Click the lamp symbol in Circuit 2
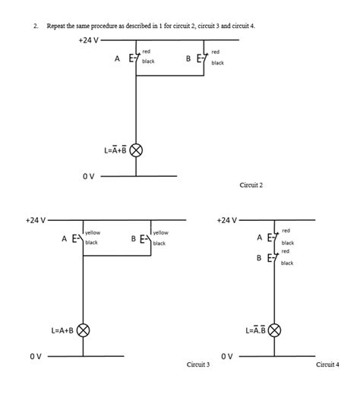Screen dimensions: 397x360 click(136, 150)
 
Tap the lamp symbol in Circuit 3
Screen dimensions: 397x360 click(83, 330)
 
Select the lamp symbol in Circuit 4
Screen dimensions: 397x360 click(275, 330)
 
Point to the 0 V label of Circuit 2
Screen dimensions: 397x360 click(88, 176)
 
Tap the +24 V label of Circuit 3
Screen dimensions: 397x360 click(35, 220)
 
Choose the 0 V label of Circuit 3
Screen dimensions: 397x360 click(35, 355)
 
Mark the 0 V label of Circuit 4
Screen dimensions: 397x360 click(226, 355)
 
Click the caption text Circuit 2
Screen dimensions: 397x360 click(251, 184)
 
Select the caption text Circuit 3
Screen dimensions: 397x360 click(198, 365)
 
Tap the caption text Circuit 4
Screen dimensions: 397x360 click(327, 365)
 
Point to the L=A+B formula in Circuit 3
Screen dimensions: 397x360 click(63, 330)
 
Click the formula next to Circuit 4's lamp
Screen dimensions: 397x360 click(255, 330)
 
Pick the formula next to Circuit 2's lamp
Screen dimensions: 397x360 click(115, 150)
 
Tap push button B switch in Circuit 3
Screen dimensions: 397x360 click(148, 239)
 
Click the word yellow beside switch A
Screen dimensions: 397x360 click(93, 232)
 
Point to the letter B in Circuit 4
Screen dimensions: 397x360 click(259, 258)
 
